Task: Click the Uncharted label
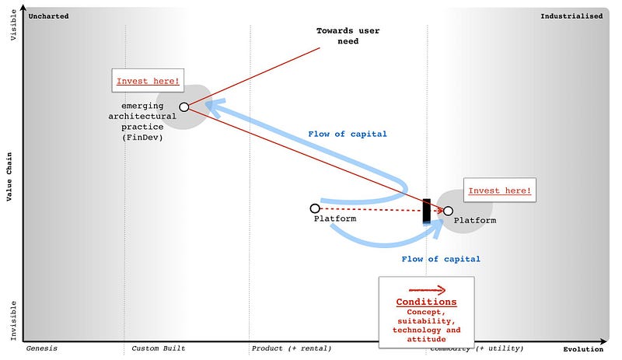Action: (47, 16)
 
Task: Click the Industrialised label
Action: (571, 16)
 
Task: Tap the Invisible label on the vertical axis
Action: (12, 320)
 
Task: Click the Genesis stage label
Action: (42, 348)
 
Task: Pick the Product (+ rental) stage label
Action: (288, 348)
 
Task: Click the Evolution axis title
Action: (584, 348)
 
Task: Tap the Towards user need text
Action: (337, 36)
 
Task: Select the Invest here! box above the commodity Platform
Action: (500, 190)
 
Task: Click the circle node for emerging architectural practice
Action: (184, 107)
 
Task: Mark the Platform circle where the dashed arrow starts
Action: (315, 208)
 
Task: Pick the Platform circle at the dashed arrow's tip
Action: (448, 211)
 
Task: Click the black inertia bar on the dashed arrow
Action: (426, 211)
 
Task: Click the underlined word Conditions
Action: (426, 302)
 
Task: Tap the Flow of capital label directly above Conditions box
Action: (441, 259)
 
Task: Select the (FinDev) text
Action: (142, 138)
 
